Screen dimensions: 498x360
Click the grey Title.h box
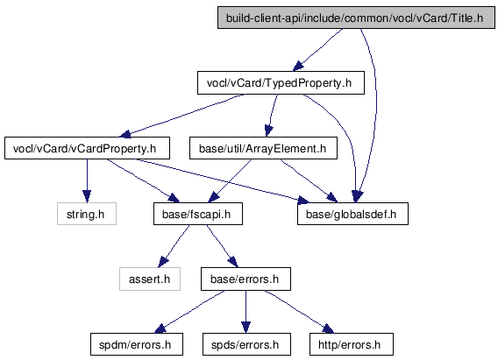(356, 18)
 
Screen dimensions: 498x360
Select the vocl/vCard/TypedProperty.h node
(281, 83)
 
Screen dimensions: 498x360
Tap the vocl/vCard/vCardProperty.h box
(87, 148)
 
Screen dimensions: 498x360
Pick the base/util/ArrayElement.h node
(263, 148)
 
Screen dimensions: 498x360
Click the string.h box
(87, 214)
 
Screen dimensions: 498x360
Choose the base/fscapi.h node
(198, 214)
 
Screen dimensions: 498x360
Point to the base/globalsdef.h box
(352, 214)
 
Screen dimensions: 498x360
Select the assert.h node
(150, 279)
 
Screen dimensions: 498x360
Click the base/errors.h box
(245, 279)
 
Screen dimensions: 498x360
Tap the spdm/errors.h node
(137, 344)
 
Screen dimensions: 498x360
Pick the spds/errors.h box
(246, 344)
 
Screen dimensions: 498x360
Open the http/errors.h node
(352, 344)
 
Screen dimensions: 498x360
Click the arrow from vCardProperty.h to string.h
(87, 180)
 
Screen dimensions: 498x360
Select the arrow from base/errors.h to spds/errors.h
(245, 312)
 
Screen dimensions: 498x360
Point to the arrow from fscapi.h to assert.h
(174, 246)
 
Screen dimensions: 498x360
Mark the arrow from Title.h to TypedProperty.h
(317, 50)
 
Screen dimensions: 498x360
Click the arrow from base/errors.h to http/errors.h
(300, 312)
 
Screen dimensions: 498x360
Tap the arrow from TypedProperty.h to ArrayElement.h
(272, 116)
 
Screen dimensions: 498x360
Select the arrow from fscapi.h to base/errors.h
(222, 246)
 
